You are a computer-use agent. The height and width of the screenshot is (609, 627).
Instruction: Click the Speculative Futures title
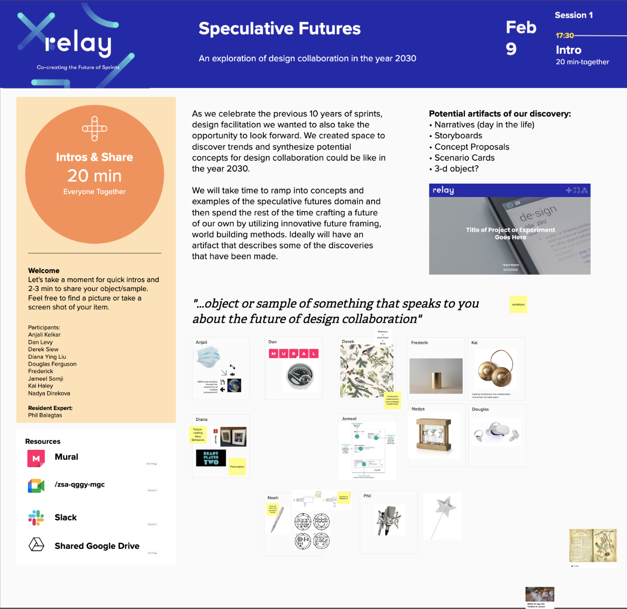coord(279,29)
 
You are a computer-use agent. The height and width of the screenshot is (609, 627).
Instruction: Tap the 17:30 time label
coord(565,36)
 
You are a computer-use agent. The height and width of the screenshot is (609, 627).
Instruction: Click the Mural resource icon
coord(36,458)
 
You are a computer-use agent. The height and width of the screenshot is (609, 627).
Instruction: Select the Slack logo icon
coord(36,518)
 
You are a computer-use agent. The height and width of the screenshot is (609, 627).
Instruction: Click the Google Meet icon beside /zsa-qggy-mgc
coord(36,486)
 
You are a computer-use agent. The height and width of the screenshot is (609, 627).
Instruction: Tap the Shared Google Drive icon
coord(36,545)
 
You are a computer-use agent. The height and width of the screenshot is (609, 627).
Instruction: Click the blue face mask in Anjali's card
coord(208,357)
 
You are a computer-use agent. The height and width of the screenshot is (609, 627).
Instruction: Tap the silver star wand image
coord(443,515)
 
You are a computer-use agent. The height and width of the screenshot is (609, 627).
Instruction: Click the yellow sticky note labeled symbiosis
coord(518,304)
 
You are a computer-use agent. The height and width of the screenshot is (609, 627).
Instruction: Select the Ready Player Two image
coord(211,458)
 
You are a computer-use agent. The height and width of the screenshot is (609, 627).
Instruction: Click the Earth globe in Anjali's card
coord(234,386)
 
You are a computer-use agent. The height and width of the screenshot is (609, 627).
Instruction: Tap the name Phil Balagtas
coord(45,415)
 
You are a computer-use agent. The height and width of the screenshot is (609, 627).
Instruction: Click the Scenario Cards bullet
coord(464,158)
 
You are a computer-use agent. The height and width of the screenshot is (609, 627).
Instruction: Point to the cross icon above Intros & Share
coord(95,129)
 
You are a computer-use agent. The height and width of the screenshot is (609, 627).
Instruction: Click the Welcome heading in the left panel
coord(44,271)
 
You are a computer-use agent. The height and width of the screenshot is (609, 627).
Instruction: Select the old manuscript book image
coord(592,545)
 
